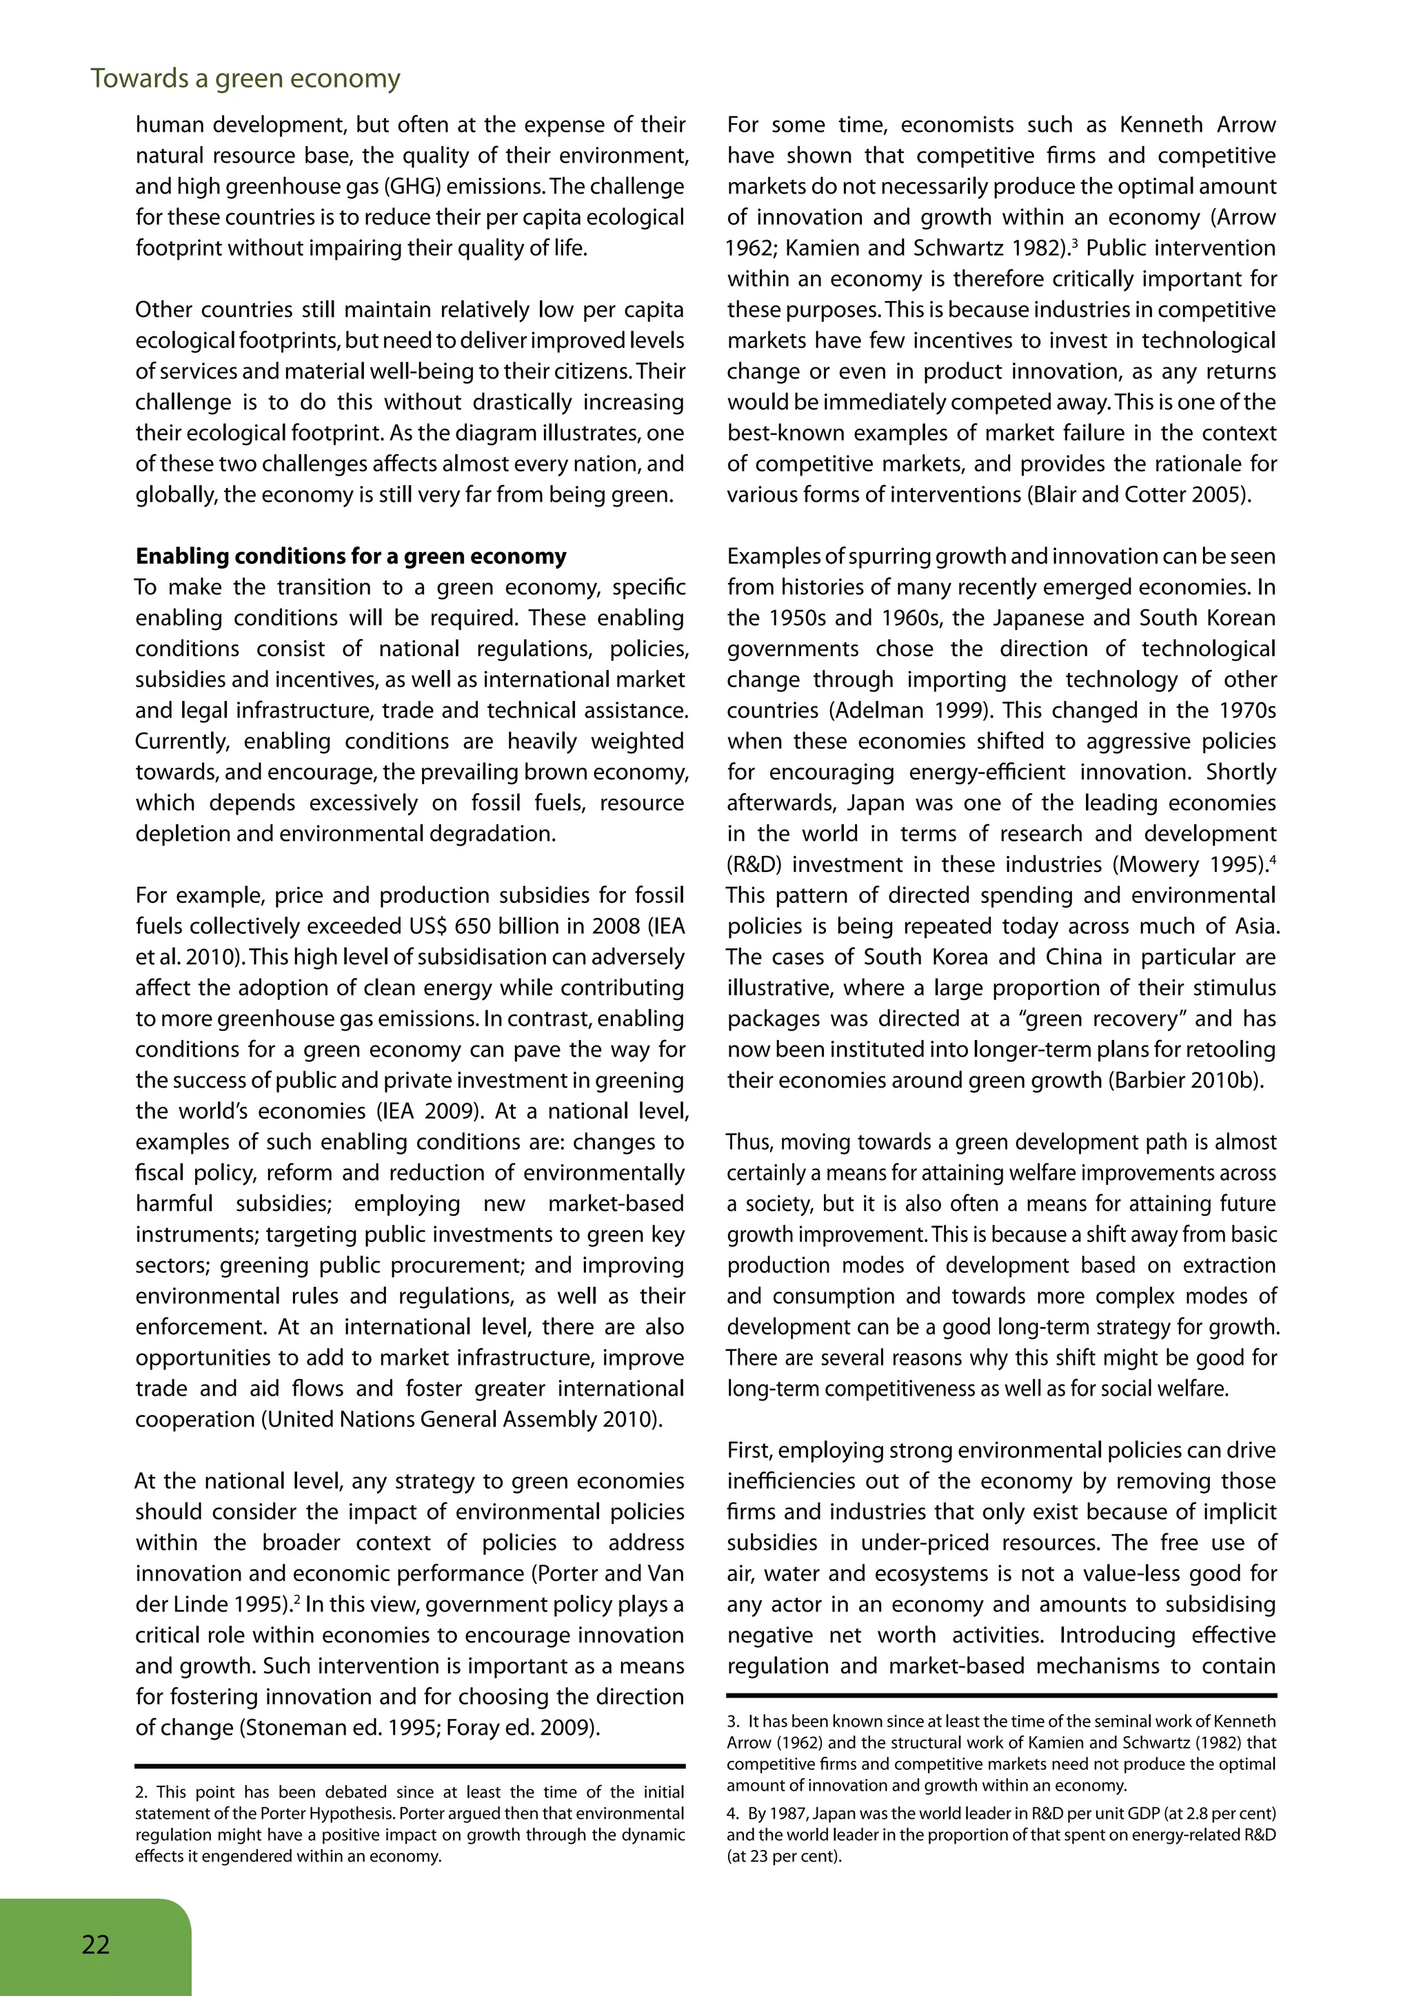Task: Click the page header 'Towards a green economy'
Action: tap(245, 79)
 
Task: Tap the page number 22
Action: tap(96, 1944)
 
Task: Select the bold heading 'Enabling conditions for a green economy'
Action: tap(350, 556)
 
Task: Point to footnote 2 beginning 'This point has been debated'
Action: tap(409, 1824)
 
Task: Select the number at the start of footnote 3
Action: tap(732, 1721)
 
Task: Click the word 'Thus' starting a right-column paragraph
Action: tap(745, 1142)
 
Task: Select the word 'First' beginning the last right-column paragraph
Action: tap(749, 1451)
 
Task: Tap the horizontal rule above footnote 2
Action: tap(410, 1766)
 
